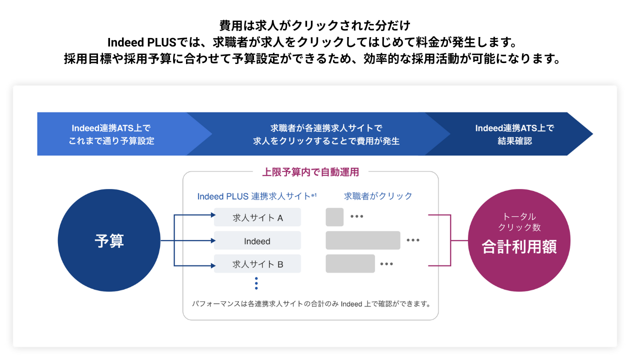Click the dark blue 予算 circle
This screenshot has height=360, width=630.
[x=109, y=240]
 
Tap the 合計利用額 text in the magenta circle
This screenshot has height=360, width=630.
[x=519, y=246]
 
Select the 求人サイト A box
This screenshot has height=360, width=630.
[x=257, y=217]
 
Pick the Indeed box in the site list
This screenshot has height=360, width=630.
[x=257, y=240]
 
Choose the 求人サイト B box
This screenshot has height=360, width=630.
[x=257, y=264]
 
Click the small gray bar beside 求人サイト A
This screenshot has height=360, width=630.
[x=334, y=217]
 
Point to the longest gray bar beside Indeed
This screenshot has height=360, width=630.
[x=363, y=240]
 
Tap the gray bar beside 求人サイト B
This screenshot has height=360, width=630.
[x=350, y=264]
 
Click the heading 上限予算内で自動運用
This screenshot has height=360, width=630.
[x=310, y=172]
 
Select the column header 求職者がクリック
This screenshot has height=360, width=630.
[x=378, y=196]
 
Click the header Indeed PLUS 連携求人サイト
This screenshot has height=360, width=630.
[x=257, y=196]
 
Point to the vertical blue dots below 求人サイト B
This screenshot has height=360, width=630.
[x=256, y=283]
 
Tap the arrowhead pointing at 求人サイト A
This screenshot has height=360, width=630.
[x=213, y=215]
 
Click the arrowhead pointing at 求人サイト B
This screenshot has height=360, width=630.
[x=213, y=265]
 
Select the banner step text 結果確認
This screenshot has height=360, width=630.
[x=514, y=141]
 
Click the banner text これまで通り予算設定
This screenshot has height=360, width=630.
[x=111, y=141]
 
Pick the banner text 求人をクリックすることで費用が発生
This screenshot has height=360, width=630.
[x=326, y=141]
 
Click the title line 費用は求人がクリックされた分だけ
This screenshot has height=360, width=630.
[x=314, y=25]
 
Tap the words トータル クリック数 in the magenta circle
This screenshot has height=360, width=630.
[x=519, y=222]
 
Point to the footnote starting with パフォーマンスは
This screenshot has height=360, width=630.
[x=311, y=304]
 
